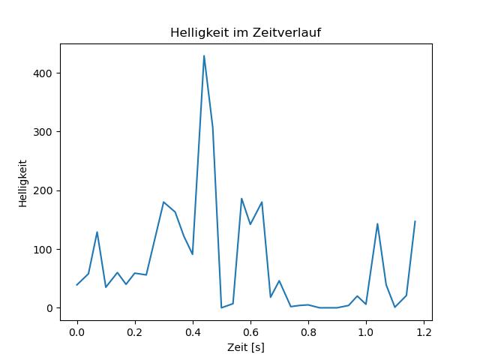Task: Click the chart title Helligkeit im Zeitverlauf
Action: coord(245,32)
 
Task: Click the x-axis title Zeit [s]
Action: coord(246,347)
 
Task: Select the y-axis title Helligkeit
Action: coord(23,183)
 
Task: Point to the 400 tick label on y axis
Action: coord(43,73)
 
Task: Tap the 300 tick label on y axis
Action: coord(43,132)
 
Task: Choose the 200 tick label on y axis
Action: coord(43,190)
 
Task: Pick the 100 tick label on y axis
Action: coord(43,249)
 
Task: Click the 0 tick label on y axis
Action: coord(50,308)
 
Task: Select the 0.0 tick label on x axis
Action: coord(76,332)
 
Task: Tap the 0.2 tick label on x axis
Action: coord(135,332)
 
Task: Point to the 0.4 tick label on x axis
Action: coord(193,332)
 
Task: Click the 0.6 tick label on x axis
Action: coord(250,332)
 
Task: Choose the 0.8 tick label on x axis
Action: coord(308,332)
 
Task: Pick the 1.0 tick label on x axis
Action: coord(366,332)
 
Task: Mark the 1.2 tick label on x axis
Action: coord(424,332)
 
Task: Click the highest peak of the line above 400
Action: coord(204,55)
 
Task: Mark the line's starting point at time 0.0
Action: coord(76,285)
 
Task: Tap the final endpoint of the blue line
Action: coord(415,221)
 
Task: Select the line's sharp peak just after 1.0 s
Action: coord(377,223)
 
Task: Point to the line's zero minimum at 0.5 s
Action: coord(221,307)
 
